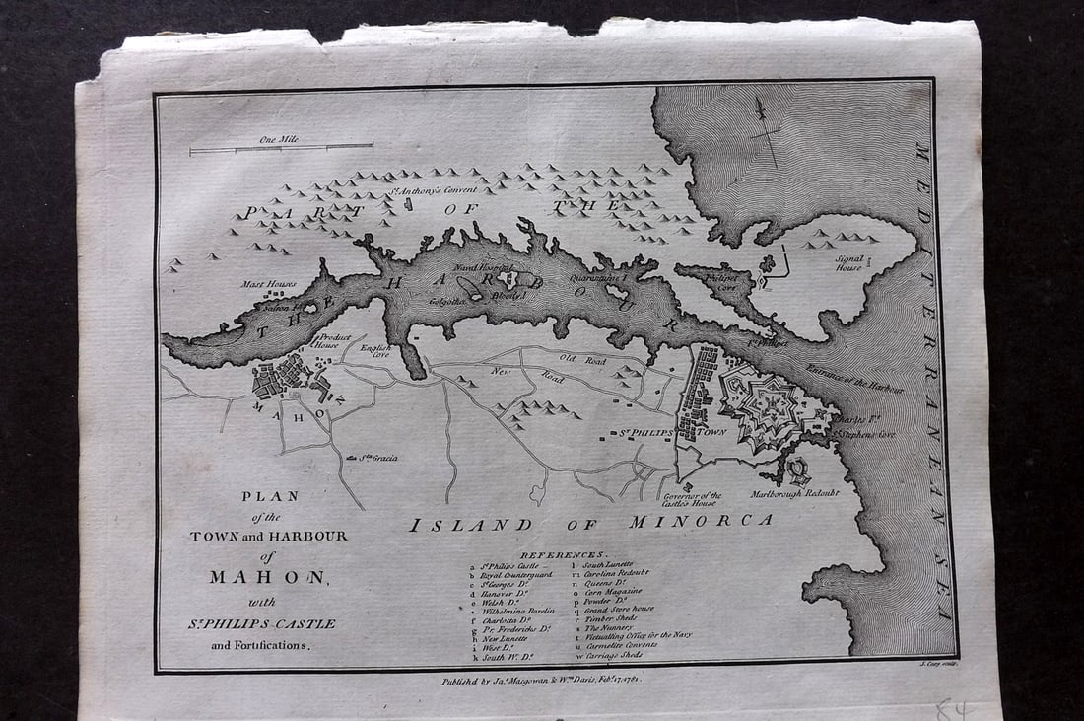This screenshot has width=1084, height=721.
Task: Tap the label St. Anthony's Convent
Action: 431,189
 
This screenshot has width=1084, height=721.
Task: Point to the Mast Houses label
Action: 268,284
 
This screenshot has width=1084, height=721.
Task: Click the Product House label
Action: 326,341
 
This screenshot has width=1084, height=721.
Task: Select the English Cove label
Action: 374,350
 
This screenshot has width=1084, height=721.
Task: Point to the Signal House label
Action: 848,262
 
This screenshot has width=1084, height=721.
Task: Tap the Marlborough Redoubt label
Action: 794,492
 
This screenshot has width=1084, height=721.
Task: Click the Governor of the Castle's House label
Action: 692,499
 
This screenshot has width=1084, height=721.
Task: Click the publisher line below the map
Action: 556,680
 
